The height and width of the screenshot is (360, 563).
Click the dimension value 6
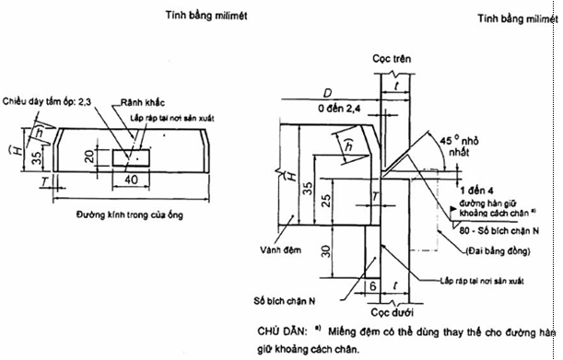tap(372, 287)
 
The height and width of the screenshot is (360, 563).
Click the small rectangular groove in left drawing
tap(128, 158)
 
